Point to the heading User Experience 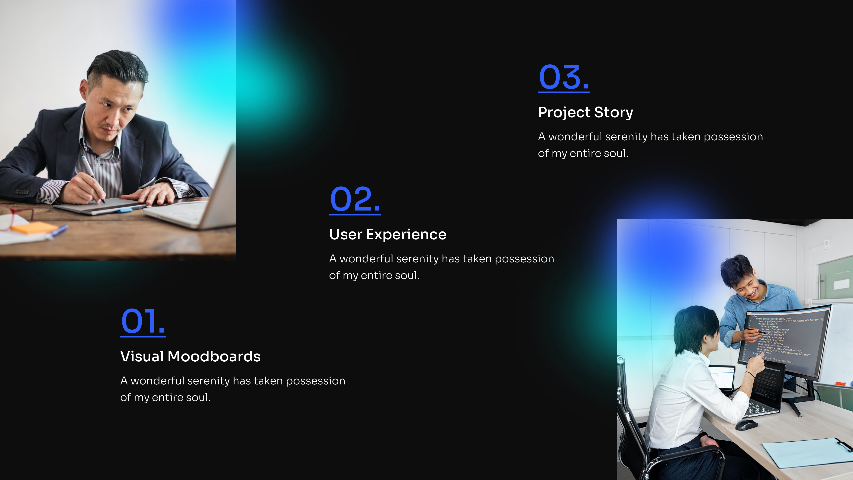387,234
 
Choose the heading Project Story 585,112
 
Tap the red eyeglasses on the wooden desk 15,217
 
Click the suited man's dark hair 118,66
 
